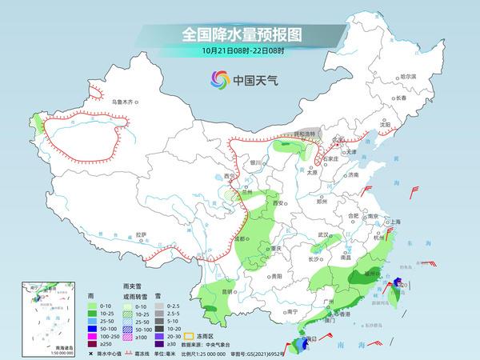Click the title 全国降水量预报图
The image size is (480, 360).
240,34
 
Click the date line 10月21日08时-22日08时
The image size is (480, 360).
240,51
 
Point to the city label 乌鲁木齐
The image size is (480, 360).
124,102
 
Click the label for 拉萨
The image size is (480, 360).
142,234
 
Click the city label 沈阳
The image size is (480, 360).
385,125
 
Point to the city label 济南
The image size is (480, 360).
354,174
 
